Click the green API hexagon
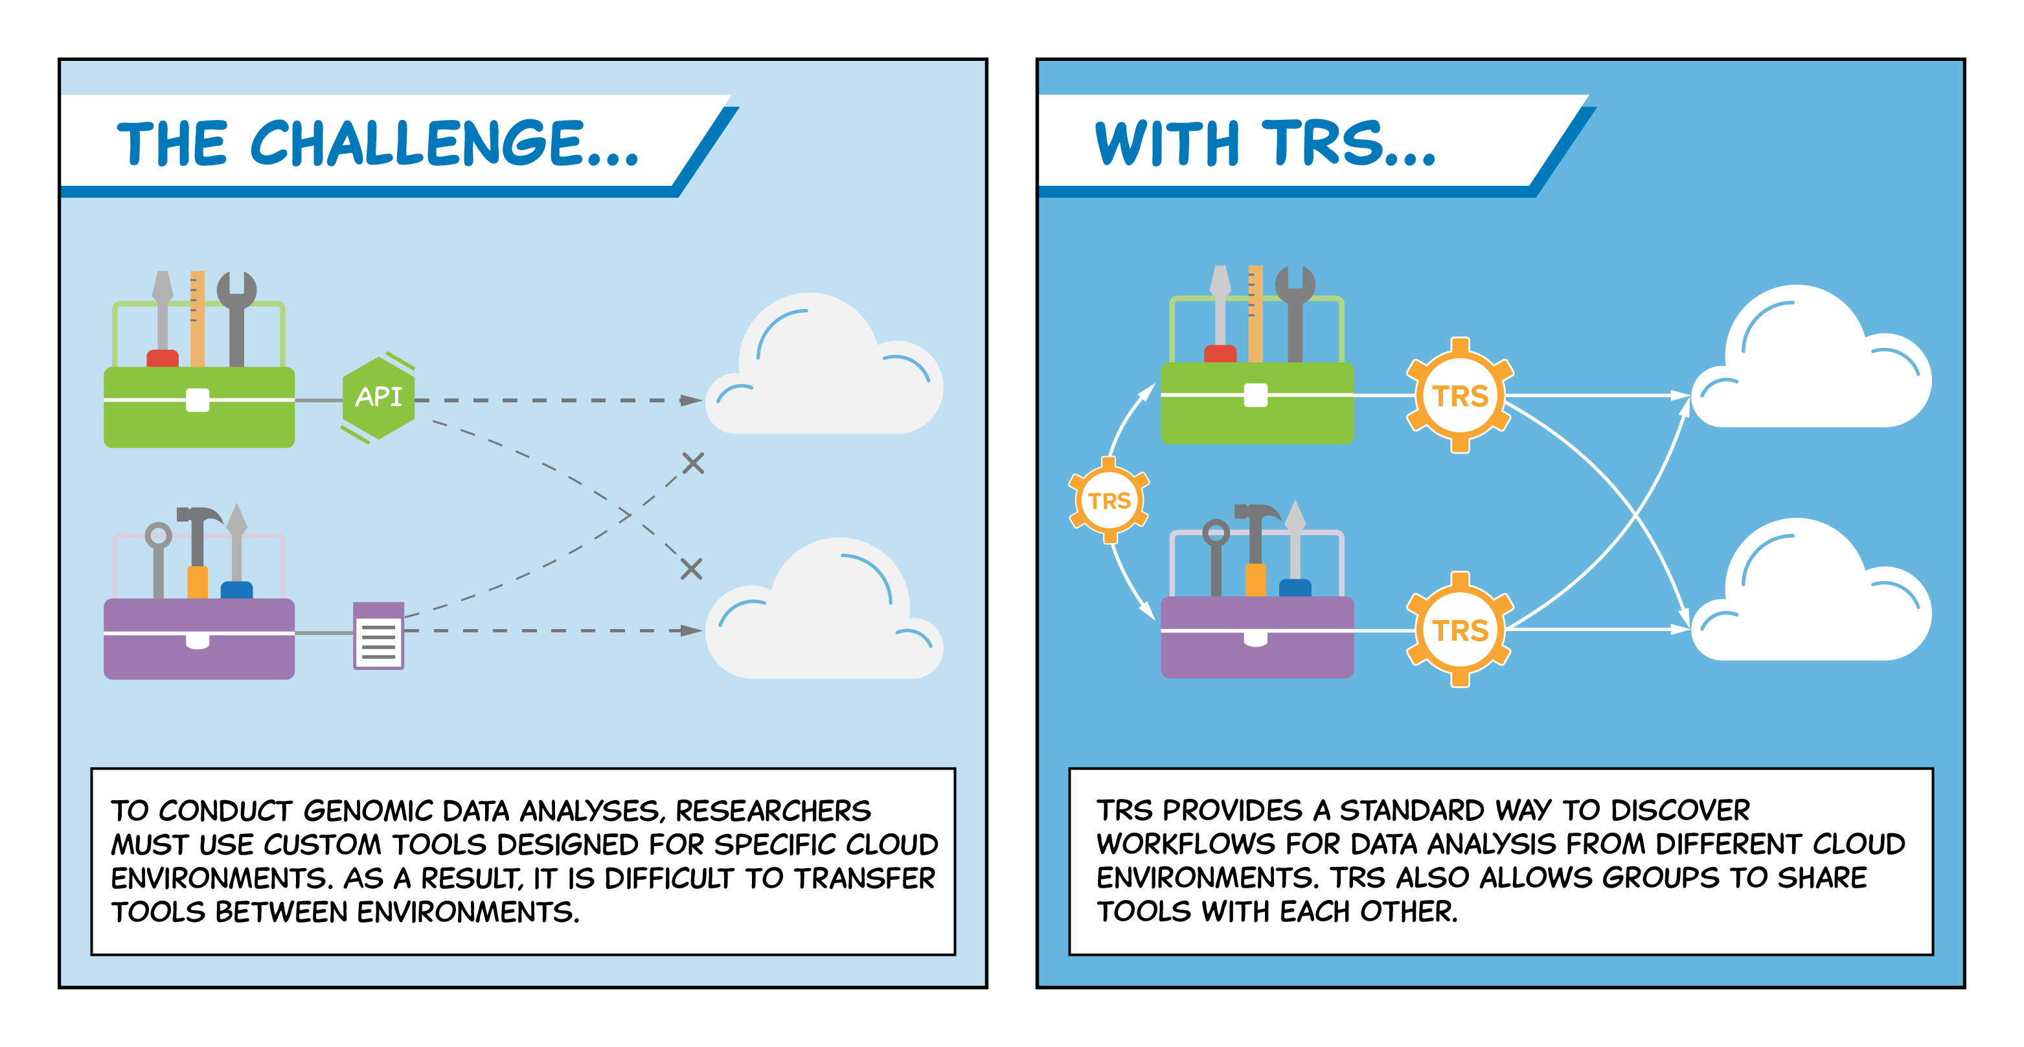379,398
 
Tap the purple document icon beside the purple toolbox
379,635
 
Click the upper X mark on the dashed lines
693,463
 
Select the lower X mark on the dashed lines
692,568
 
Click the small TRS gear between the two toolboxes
1109,500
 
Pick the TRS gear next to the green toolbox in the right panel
1460,395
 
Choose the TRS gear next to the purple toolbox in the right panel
1460,630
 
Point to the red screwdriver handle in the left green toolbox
163,358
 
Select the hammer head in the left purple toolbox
199,516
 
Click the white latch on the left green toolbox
197,400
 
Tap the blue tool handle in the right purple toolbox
1295,588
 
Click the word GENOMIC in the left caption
368,811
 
